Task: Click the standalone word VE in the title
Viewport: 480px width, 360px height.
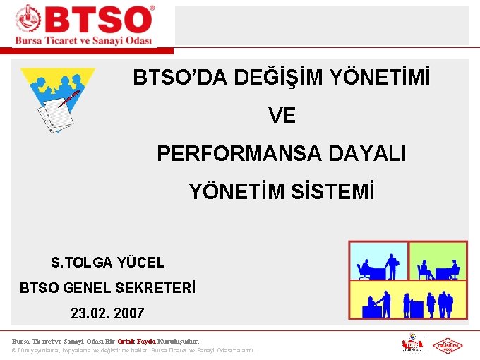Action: click(x=282, y=116)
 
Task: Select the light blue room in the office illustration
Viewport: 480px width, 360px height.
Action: click(x=378, y=260)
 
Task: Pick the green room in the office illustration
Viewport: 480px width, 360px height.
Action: click(x=438, y=260)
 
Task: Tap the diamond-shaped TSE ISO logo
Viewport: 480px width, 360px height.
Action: click(x=447, y=346)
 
